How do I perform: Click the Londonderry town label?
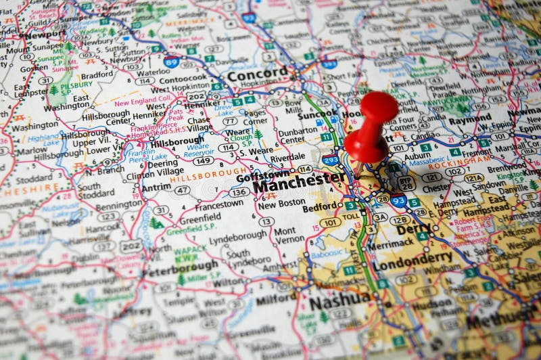click(413, 257)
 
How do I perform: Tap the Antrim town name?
click(156, 186)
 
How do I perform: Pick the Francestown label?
click(219, 203)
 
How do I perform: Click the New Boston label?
click(277, 204)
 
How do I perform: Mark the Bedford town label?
click(322, 206)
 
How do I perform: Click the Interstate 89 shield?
click(172, 62)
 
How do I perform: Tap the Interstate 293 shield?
click(331, 160)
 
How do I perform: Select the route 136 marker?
click(239, 192)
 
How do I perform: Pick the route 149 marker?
click(203, 160)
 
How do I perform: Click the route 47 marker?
click(182, 190)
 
